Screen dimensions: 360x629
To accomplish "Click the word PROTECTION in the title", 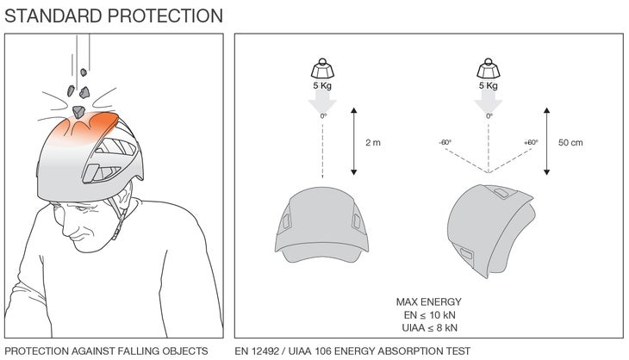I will [167, 16].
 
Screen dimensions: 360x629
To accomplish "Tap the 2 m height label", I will [372, 143].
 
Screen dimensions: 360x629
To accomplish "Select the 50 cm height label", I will [570, 143].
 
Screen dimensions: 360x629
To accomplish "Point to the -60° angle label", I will [445, 143].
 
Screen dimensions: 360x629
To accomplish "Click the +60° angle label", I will [531, 143].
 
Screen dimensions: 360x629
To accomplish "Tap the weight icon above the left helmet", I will [322, 67].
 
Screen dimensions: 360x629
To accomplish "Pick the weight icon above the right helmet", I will [489, 67].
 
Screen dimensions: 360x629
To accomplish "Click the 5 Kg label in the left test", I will [322, 86].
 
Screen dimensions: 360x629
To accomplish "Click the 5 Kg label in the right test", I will [489, 86].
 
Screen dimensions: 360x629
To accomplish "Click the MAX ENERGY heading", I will [428, 301].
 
